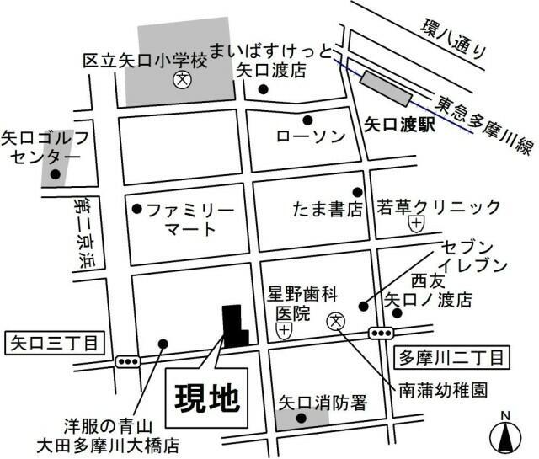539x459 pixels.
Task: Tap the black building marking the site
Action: click(x=232, y=325)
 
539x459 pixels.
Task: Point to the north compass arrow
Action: click(x=505, y=437)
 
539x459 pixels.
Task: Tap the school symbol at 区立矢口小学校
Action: click(x=181, y=81)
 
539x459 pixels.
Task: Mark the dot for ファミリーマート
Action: click(x=137, y=207)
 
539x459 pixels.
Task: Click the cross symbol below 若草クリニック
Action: click(x=416, y=224)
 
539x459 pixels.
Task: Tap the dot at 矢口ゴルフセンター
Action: click(x=55, y=175)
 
